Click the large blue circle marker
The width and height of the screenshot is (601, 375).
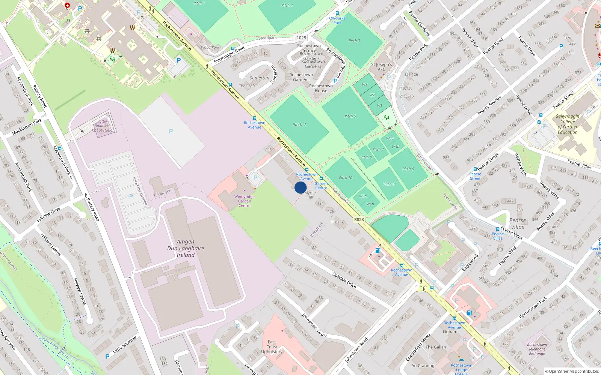(300, 187)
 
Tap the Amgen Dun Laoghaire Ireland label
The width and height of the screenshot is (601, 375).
(186, 248)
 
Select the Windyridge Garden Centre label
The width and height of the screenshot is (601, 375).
(244, 201)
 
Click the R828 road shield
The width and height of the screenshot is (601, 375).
(359, 219)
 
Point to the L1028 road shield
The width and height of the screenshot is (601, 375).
(300, 37)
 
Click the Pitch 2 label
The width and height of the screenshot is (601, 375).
(299, 124)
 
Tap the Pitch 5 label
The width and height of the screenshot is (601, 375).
(350, 116)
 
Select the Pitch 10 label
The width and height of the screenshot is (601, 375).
(346, 178)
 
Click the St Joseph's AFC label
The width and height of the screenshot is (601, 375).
(381, 67)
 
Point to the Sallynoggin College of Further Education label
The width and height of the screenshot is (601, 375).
(567, 124)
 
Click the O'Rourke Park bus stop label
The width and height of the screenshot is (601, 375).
(337, 20)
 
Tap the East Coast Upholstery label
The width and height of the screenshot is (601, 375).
(272, 347)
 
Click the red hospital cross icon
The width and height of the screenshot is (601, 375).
(67, 5)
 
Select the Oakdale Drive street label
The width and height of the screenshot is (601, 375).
(344, 280)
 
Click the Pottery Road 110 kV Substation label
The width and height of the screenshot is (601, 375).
(103, 126)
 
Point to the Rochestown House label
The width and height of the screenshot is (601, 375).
(321, 88)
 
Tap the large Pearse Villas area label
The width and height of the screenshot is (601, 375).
(517, 223)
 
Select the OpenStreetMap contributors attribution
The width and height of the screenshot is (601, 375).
(572, 371)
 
